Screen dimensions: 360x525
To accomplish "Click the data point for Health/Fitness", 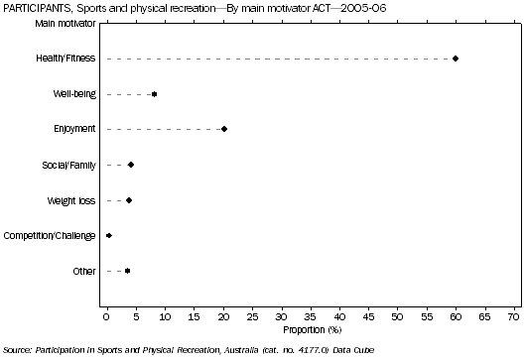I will [456, 59].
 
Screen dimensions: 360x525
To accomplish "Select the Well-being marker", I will [154, 94].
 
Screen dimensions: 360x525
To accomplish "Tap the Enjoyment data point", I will [224, 129].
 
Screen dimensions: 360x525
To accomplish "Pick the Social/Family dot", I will [131, 165].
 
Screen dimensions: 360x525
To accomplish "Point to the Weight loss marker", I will [129, 200].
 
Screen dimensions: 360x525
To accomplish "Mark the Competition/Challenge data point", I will [109, 235].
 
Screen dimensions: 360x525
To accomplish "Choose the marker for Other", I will [127, 271].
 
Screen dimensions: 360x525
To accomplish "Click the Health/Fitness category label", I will [65, 59].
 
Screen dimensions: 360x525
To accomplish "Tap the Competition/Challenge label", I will [51, 235].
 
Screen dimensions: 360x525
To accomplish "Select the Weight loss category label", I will [71, 200].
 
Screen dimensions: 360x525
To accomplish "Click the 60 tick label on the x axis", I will [456, 316].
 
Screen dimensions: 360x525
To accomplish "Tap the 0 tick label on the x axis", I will [107, 316].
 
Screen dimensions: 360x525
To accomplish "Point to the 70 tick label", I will [513, 316].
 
